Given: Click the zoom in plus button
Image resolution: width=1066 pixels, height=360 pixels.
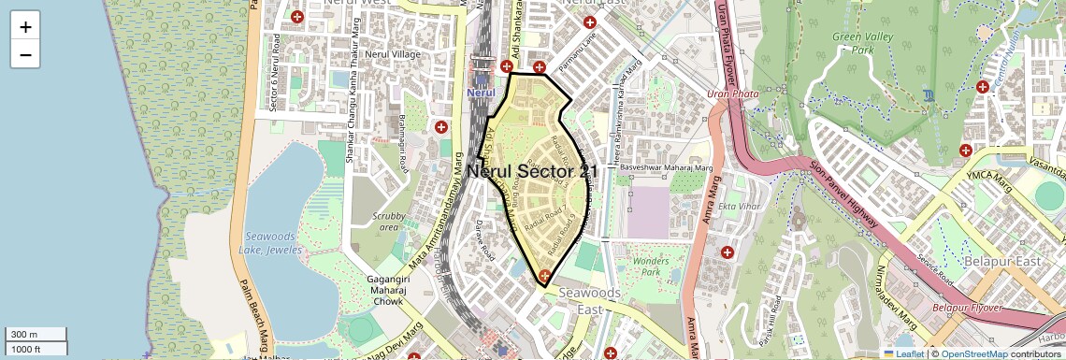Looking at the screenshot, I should point(25,26).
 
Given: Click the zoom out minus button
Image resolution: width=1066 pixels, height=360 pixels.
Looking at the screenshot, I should point(25,54).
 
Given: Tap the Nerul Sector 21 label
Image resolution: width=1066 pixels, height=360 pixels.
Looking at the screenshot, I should point(532,171).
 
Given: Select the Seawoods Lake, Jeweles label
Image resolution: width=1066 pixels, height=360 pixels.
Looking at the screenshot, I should point(270,243).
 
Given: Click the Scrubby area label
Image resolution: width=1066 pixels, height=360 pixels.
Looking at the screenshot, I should point(388,222).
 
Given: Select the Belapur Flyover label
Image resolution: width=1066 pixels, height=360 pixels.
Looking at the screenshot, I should point(967,307).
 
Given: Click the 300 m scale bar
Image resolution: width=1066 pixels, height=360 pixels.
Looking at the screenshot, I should point(34,335).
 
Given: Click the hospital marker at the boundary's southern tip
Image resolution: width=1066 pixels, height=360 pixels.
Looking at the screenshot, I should point(544,275).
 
